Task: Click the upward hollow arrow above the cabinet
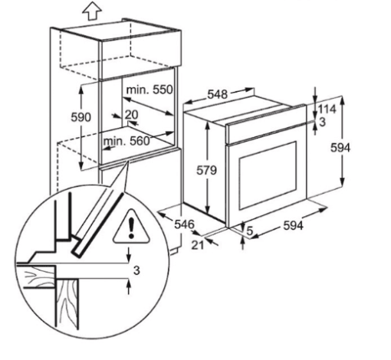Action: click(92, 11)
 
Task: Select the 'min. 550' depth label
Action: click(149, 90)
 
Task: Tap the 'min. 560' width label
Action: click(127, 141)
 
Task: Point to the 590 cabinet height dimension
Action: click(80, 117)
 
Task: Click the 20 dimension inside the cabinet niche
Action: click(131, 115)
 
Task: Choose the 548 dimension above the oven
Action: click(217, 94)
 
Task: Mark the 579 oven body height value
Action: click(206, 170)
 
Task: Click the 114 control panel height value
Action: click(327, 110)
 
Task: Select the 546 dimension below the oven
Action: click(185, 224)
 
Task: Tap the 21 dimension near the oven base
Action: click(198, 245)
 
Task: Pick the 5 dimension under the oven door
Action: click(249, 231)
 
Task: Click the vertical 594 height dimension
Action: click(340, 148)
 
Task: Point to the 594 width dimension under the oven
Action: click(294, 225)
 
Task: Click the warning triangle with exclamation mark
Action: click(131, 226)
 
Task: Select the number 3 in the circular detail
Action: click(136, 270)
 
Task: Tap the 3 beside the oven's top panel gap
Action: click(323, 122)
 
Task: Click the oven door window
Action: click(268, 175)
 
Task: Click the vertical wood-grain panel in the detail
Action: click(67, 304)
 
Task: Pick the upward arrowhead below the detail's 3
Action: click(129, 283)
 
